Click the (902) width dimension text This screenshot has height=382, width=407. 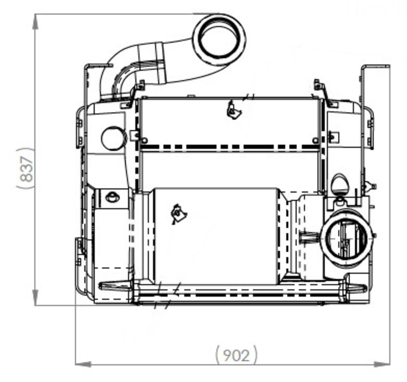point(236,355)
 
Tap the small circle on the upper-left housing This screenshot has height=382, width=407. point(113,138)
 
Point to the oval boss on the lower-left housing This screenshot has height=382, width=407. point(112,197)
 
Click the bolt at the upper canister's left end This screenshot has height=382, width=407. point(144,140)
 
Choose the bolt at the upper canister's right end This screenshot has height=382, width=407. point(315,140)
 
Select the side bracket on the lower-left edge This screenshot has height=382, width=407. point(80,252)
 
